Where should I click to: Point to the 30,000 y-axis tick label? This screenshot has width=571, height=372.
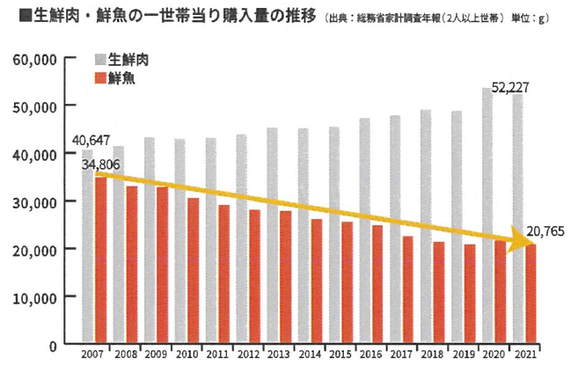click(x=36, y=201)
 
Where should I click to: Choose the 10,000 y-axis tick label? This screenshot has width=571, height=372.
click(x=36, y=296)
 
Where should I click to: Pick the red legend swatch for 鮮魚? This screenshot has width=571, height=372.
click(x=99, y=78)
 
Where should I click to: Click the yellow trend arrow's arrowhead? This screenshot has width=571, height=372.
click(x=523, y=240)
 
